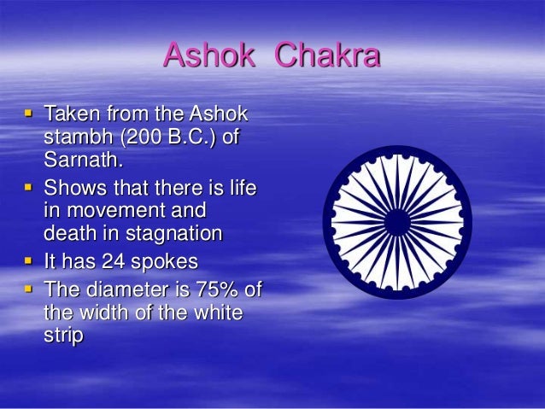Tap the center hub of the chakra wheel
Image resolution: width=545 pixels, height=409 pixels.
point(396,223)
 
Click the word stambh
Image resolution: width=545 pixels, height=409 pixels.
point(75,137)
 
